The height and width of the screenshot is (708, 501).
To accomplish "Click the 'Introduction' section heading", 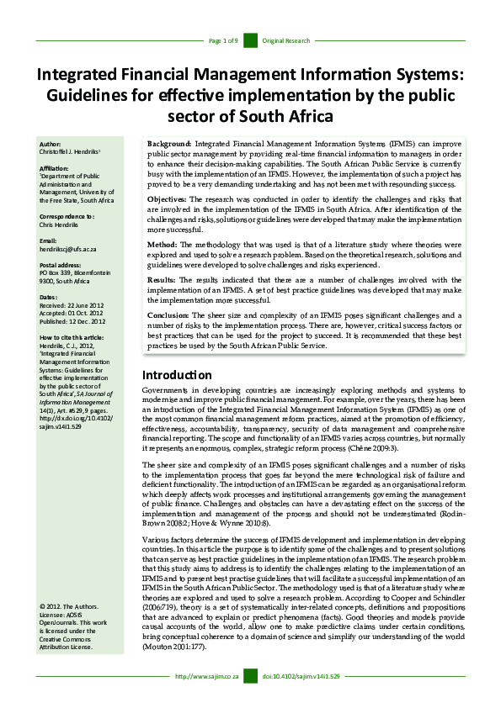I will click(176, 375).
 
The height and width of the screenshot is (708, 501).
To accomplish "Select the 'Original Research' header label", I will click(286, 40).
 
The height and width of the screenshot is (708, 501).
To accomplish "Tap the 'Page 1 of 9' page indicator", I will click(223, 40).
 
